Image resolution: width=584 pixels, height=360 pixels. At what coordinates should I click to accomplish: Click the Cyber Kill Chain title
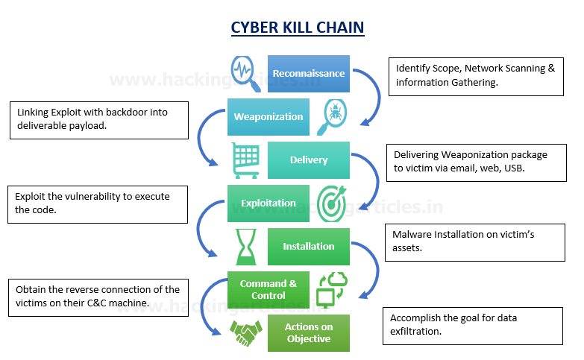coord(297,28)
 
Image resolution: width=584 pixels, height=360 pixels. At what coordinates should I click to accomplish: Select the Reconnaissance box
coord(308,73)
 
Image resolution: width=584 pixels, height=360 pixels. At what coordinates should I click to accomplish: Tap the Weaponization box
coord(269,116)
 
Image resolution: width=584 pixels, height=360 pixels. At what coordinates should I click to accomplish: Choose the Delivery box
coord(308,160)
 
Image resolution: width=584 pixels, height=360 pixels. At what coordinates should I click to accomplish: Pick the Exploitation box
coord(269,203)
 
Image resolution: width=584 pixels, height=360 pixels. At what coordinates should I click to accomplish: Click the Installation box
coord(308,246)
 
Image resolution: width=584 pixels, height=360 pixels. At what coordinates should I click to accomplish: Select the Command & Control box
coord(269,288)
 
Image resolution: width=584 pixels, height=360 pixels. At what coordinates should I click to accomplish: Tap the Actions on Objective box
coord(308,332)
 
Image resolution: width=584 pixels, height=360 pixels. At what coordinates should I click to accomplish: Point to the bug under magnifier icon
coord(331,116)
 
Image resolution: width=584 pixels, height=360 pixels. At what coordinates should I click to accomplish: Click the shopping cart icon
coord(245,160)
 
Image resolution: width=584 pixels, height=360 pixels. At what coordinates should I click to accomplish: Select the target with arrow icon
coord(331,203)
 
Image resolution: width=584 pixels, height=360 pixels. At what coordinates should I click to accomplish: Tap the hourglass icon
coord(245,246)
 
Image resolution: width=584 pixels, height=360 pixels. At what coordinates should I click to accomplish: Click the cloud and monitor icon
coord(331,288)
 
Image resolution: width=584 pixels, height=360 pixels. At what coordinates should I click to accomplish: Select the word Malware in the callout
coord(412,235)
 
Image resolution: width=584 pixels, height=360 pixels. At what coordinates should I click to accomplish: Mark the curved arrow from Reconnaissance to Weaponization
coord(366,93)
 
